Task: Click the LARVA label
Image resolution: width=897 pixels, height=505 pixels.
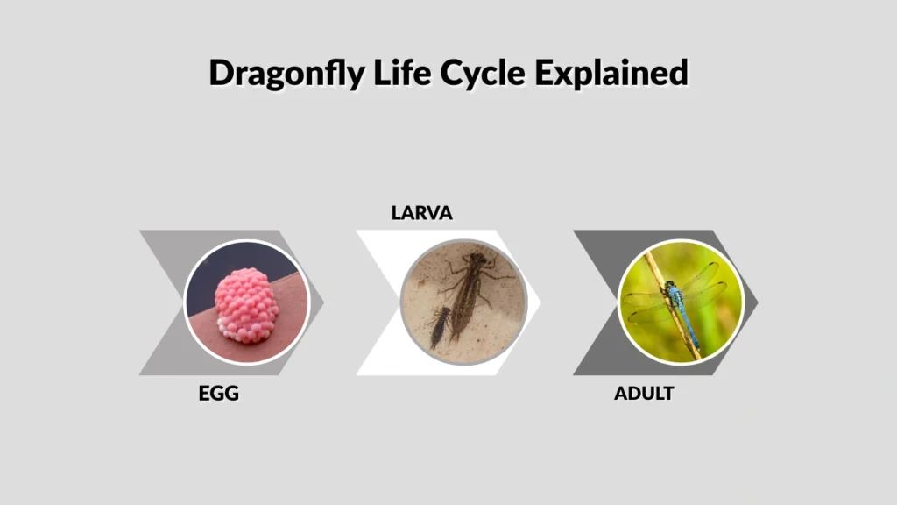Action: (x=421, y=213)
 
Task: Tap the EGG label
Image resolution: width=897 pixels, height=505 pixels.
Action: (x=218, y=394)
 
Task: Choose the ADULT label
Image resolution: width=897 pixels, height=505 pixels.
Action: (x=643, y=394)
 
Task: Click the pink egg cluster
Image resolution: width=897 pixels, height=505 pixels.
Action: (x=246, y=304)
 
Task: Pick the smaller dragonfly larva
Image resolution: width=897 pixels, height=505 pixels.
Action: (x=441, y=327)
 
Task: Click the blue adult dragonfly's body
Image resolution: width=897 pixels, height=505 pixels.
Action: (x=674, y=295)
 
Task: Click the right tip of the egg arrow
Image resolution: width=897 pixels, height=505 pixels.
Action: (x=323, y=302)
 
